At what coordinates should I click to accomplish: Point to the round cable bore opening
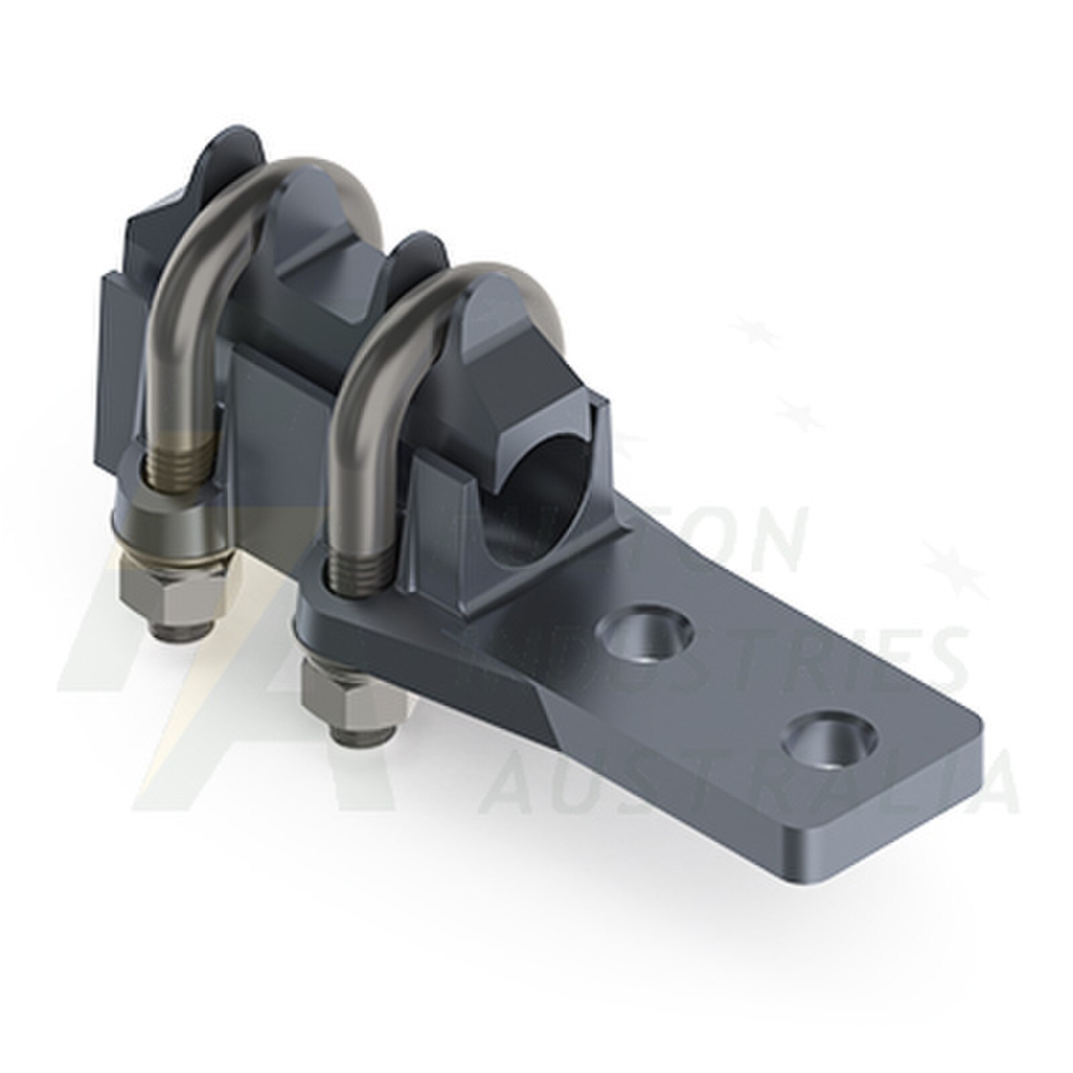click(536, 496)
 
